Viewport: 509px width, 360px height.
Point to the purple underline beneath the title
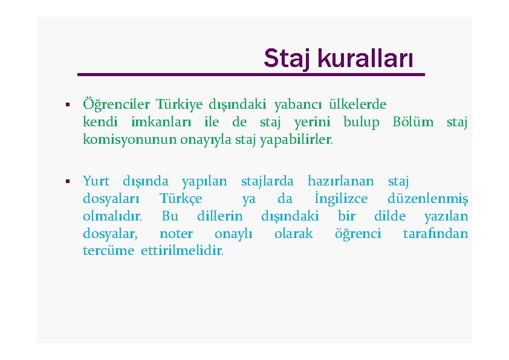(x=251, y=74)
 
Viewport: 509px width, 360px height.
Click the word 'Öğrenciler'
(x=115, y=104)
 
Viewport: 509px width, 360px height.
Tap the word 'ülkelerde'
(x=357, y=104)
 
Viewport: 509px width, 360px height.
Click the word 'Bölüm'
(x=413, y=122)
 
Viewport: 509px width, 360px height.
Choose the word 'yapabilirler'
(x=296, y=140)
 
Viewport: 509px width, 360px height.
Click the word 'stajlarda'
(x=267, y=181)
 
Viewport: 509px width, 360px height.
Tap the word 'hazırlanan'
(x=340, y=181)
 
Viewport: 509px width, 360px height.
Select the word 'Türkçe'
(x=181, y=199)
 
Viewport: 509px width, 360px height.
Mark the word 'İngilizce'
(x=341, y=199)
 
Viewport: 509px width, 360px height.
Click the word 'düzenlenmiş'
(x=427, y=199)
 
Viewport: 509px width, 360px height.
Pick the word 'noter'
(x=176, y=234)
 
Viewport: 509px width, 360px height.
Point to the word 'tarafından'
(x=435, y=234)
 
